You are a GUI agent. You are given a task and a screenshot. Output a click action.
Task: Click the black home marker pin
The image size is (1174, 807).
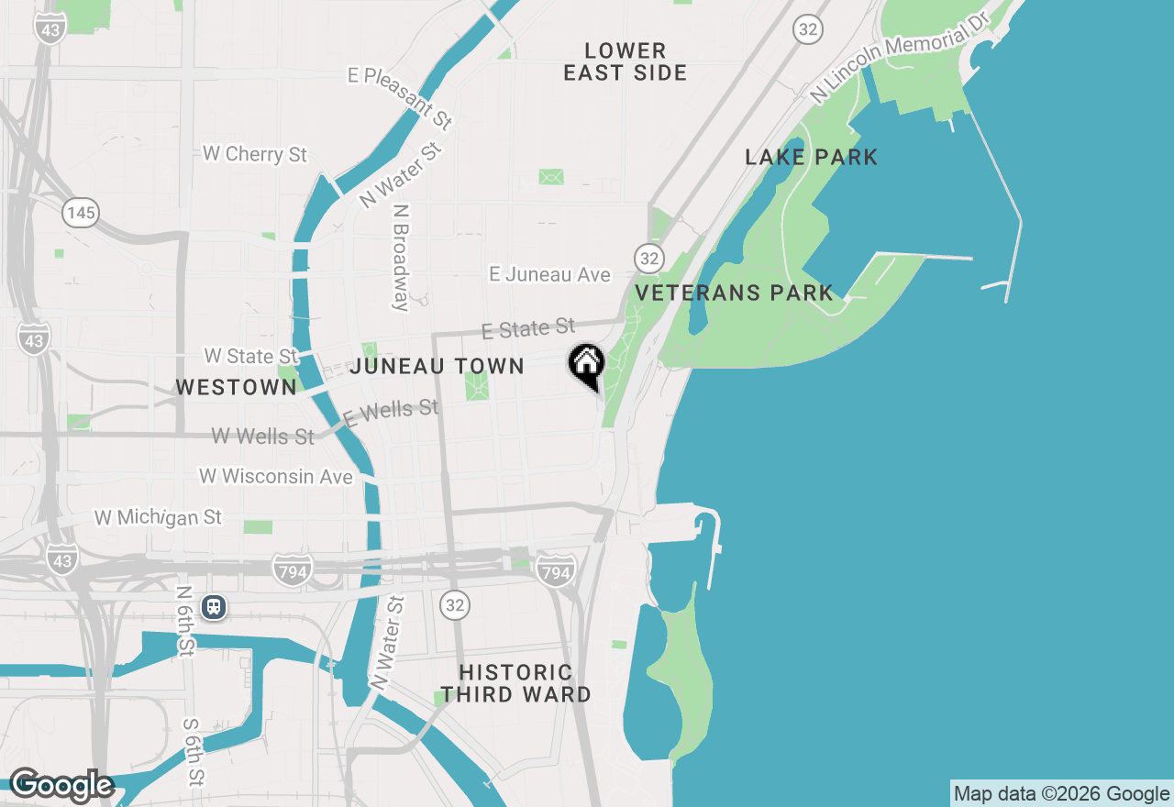(586, 365)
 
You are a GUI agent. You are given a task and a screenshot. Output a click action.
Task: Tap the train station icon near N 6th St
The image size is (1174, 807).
(215, 606)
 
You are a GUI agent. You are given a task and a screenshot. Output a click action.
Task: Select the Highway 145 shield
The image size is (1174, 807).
(81, 214)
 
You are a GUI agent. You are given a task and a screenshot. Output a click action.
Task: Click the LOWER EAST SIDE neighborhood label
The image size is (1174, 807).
(626, 61)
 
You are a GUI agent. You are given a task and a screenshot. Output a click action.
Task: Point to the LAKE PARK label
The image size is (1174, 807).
(812, 158)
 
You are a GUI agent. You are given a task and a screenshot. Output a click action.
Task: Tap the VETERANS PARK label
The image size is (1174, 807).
(735, 293)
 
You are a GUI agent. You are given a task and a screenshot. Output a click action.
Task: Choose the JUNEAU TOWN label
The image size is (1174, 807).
(437, 367)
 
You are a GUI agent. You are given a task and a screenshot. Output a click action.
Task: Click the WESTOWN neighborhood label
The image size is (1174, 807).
(236, 388)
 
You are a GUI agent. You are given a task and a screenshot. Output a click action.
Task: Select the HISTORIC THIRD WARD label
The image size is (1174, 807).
(515, 684)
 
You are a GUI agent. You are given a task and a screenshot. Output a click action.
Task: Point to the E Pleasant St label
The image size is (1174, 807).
(401, 94)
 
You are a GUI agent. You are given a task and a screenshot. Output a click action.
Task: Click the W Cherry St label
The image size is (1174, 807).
(255, 154)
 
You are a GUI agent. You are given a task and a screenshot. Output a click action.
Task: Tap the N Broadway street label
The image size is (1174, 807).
(401, 257)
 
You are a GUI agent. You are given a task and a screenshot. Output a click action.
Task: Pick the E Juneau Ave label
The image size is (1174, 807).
(549, 274)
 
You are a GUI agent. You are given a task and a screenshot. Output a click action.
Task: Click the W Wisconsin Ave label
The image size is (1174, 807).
(276, 477)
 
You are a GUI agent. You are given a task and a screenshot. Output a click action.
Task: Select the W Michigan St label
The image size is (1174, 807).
(158, 518)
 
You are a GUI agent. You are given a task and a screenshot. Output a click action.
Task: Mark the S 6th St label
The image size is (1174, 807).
(194, 751)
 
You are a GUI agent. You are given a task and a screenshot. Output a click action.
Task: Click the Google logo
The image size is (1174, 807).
(61, 785)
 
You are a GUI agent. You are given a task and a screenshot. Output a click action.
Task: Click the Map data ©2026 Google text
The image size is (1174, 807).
(1061, 794)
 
